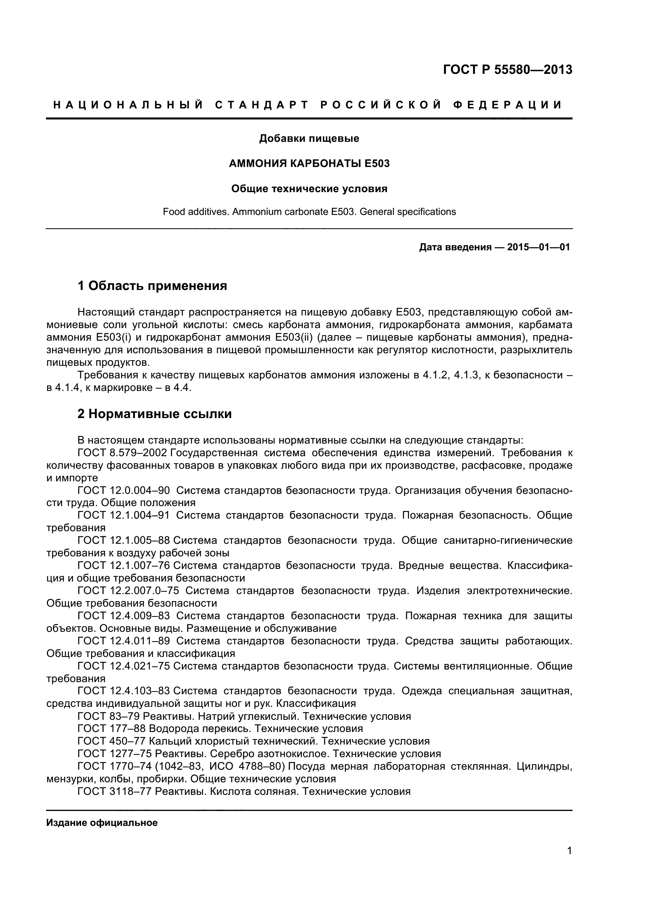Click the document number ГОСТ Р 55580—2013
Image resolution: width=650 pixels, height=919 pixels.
pyautogui.click(x=507, y=70)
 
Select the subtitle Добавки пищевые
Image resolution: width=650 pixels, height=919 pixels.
pyautogui.click(x=309, y=138)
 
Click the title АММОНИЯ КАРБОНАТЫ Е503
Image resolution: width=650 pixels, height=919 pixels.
pyautogui.click(x=309, y=163)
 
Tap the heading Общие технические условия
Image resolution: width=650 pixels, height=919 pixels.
pyautogui.click(x=309, y=189)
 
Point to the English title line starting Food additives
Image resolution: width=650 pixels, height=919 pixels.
pyautogui.click(x=309, y=211)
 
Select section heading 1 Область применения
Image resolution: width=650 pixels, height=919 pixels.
pyautogui.click(x=152, y=286)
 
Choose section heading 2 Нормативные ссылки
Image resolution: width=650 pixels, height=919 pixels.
pyautogui.click(x=155, y=414)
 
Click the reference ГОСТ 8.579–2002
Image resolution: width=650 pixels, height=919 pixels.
pyautogui.click(x=122, y=453)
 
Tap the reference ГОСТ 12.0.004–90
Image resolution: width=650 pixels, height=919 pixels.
pyautogui.click(x=123, y=491)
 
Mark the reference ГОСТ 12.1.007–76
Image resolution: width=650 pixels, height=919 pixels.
pyautogui.click(x=123, y=565)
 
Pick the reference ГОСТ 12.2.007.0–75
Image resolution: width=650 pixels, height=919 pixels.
pyautogui.click(x=128, y=591)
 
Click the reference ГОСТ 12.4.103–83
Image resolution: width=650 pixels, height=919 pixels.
pyautogui.click(x=123, y=691)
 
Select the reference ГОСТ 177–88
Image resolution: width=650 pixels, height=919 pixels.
pyautogui.click(x=111, y=728)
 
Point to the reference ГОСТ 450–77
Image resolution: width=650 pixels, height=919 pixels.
pyautogui.click(x=111, y=741)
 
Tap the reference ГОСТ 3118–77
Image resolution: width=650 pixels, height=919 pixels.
pyautogui.click(x=114, y=791)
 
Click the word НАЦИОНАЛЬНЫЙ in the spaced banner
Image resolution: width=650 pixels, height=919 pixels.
pyautogui.click(x=128, y=105)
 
